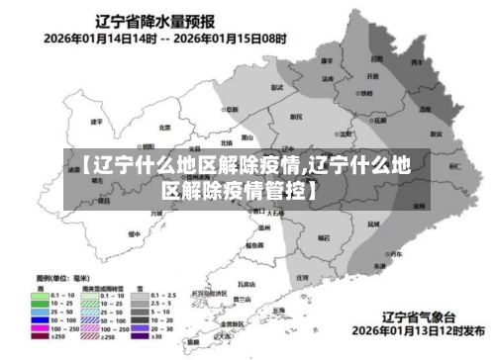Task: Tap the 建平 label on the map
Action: coord(96,121)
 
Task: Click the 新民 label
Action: coord(296,117)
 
